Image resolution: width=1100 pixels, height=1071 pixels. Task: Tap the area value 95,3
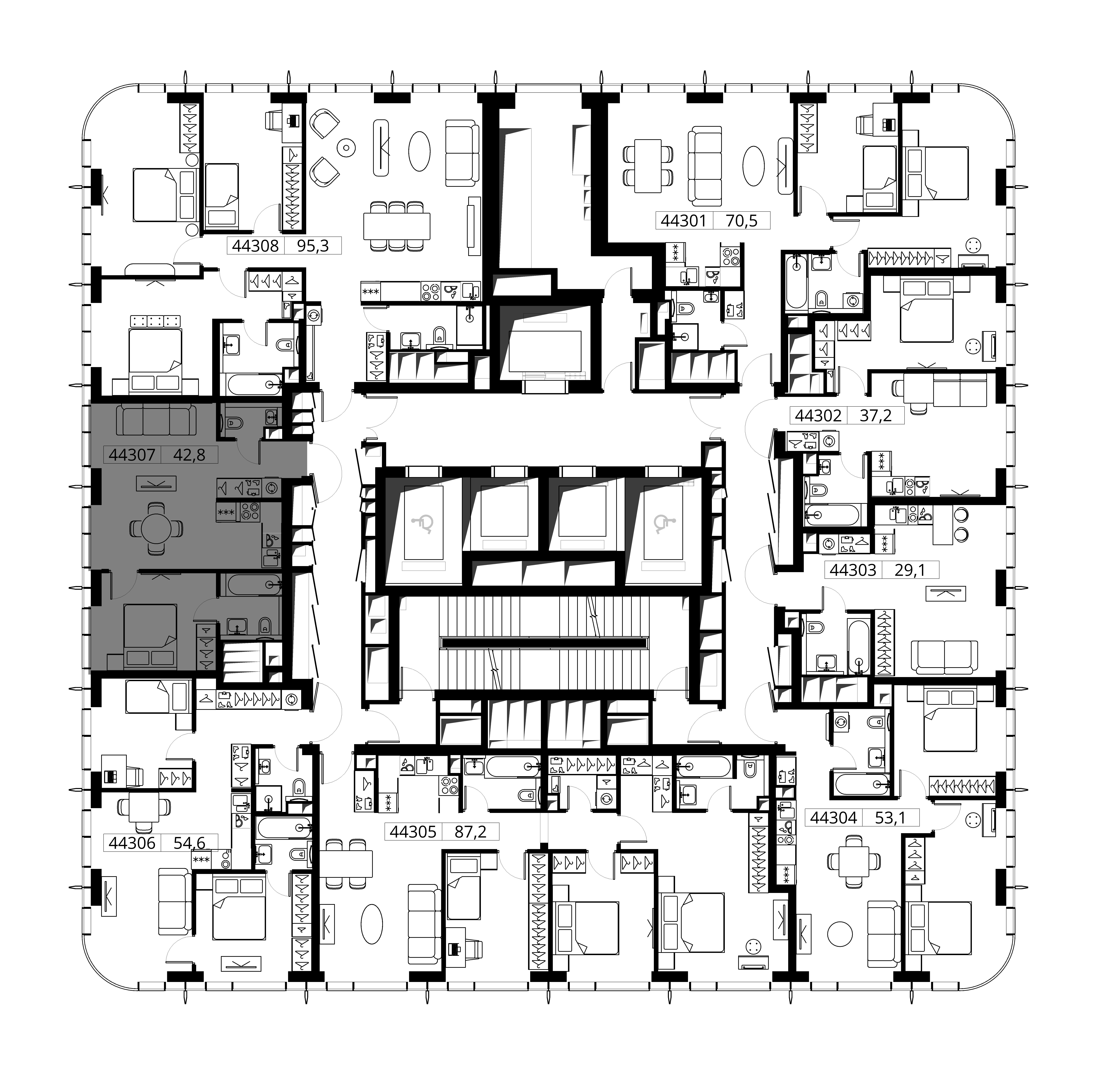[x=313, y=246]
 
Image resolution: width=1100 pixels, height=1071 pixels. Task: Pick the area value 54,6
[x=189, y=843]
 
